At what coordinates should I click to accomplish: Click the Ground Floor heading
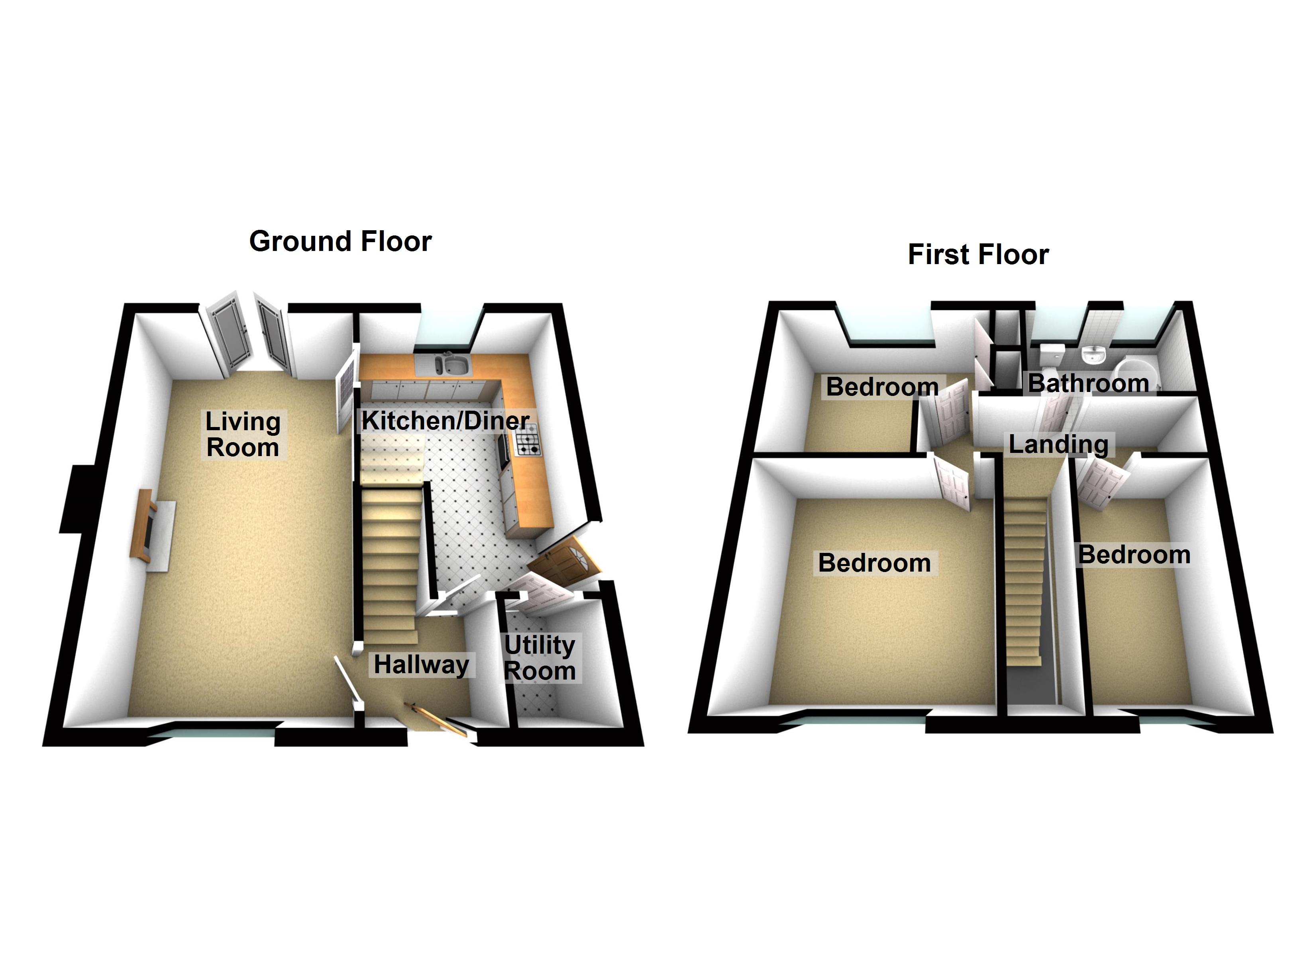[340, 241]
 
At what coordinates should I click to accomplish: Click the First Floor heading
[978, 255]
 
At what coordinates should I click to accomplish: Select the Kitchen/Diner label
[445, 421]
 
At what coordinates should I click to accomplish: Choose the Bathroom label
[1088, 383]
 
